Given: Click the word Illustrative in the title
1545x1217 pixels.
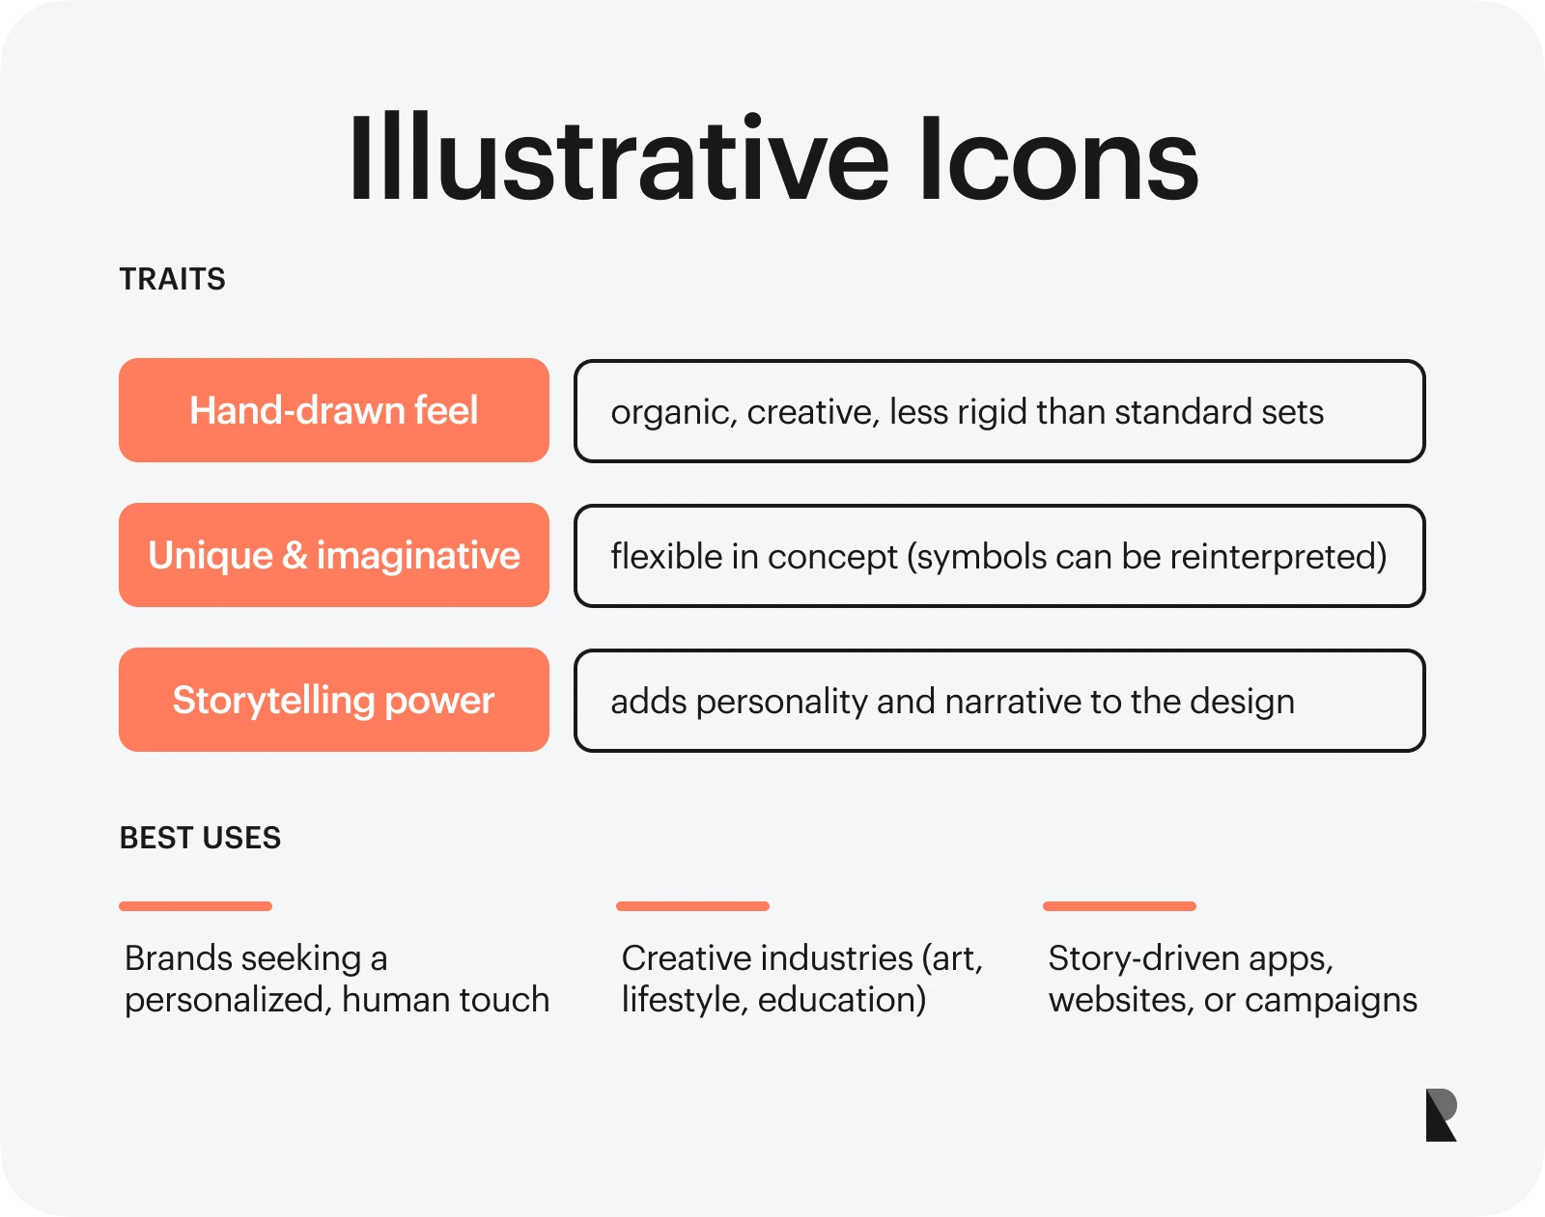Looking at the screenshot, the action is (619, 157).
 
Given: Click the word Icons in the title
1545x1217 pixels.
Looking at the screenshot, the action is (1059, 158).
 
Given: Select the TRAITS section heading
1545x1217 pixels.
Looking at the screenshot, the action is (172, 279).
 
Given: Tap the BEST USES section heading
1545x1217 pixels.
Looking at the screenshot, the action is (200, 838).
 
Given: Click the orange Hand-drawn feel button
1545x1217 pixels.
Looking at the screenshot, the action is (334, 410).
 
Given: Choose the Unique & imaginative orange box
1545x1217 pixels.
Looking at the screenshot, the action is (334, 555).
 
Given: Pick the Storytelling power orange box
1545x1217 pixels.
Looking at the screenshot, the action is (334, 700).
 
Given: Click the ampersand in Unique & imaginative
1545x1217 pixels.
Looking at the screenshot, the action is (295, 555).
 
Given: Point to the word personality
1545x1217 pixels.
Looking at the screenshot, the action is (782, 702).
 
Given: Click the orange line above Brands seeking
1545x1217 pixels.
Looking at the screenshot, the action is (195, 906).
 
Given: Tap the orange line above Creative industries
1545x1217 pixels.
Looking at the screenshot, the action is (692, 906).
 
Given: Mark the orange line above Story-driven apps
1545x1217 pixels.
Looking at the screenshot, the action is (1119, 906).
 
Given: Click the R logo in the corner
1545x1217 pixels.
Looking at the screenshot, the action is (1441, 1115).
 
